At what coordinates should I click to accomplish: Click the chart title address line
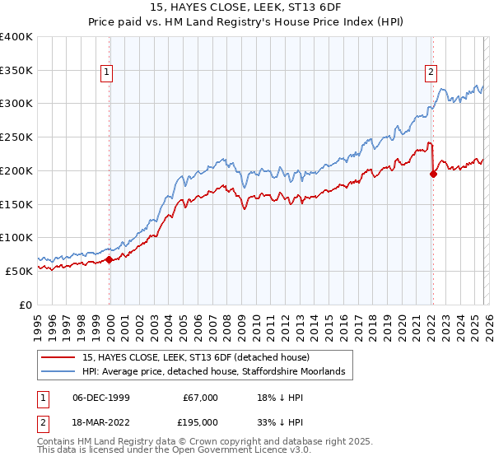pos(246,8)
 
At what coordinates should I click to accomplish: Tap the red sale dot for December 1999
pos(110,259)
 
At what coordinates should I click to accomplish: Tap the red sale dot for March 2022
pos(434,174)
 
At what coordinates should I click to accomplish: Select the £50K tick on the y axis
pos(19,271)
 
